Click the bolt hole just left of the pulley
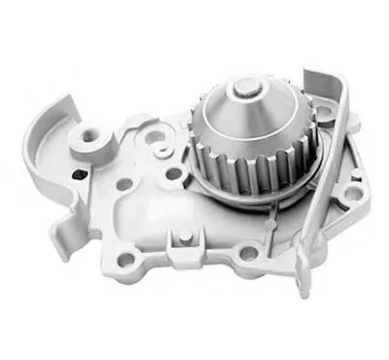175,173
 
